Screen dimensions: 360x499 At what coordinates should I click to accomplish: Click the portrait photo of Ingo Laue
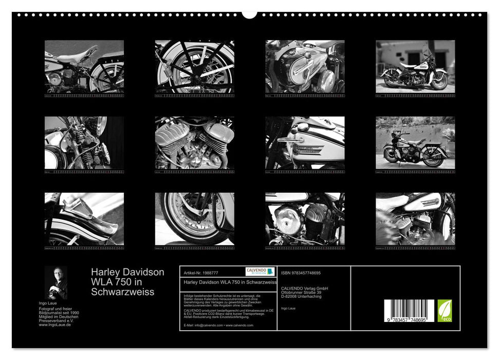(x=56, y=282)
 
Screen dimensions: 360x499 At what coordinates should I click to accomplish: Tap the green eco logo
(x=445, y=311)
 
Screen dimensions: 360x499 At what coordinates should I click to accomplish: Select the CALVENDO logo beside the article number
(x=260, y=272)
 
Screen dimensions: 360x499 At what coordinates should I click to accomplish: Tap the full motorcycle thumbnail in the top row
(x=415, y=66)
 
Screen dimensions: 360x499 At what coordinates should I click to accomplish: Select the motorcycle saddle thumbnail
(x=84, y=66)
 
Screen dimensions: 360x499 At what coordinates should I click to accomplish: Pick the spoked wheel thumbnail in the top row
(x=194, y=66)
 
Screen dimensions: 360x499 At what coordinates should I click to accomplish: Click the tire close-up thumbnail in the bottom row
(x=194, y=219)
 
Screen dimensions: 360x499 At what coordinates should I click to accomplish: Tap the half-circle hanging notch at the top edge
(x=250, y=14)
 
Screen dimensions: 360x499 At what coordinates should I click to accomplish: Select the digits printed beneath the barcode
(x=410, y=320)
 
